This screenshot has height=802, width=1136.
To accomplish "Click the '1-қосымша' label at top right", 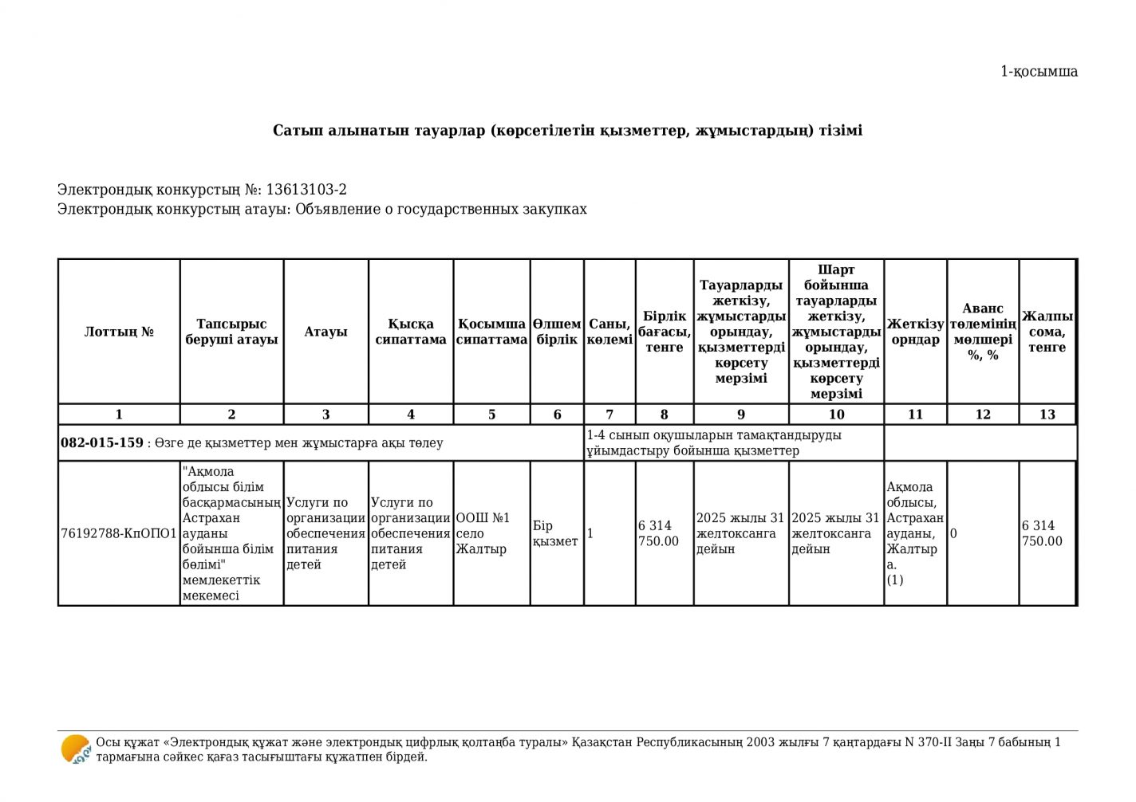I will (x=1039, y=72).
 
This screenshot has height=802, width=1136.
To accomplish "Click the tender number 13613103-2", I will (x=306, y=190).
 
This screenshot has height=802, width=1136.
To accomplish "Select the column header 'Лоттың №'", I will (x=119, y=332).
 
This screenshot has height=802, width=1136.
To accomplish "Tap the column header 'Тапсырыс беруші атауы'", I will (x=231, y=332).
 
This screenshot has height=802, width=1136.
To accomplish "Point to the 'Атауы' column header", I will (x=325, y=332).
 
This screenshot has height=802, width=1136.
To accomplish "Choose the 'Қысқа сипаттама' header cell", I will (x=411, y=332).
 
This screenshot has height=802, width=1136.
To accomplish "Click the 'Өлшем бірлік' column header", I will (x=557, y=332).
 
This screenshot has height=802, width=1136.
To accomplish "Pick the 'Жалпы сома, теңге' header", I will (x=1047, y=332).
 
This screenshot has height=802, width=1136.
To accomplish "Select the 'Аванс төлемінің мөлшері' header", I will (x=983, y=332).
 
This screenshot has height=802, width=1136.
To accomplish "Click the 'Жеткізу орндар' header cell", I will (x=915, y=332).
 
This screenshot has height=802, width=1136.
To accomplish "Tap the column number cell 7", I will (x=609, y=415).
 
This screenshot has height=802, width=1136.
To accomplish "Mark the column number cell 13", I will (x=1047, y=415).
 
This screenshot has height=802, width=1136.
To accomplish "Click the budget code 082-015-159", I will (x=102, y=442).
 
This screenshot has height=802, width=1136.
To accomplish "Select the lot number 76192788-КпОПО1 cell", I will (x=119, y=533).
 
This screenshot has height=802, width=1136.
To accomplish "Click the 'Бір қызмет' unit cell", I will (x=555, y=533).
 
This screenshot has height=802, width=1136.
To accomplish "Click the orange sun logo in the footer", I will (x=76, y=749).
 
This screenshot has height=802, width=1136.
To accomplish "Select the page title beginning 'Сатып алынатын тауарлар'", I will (x=567, y=130).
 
